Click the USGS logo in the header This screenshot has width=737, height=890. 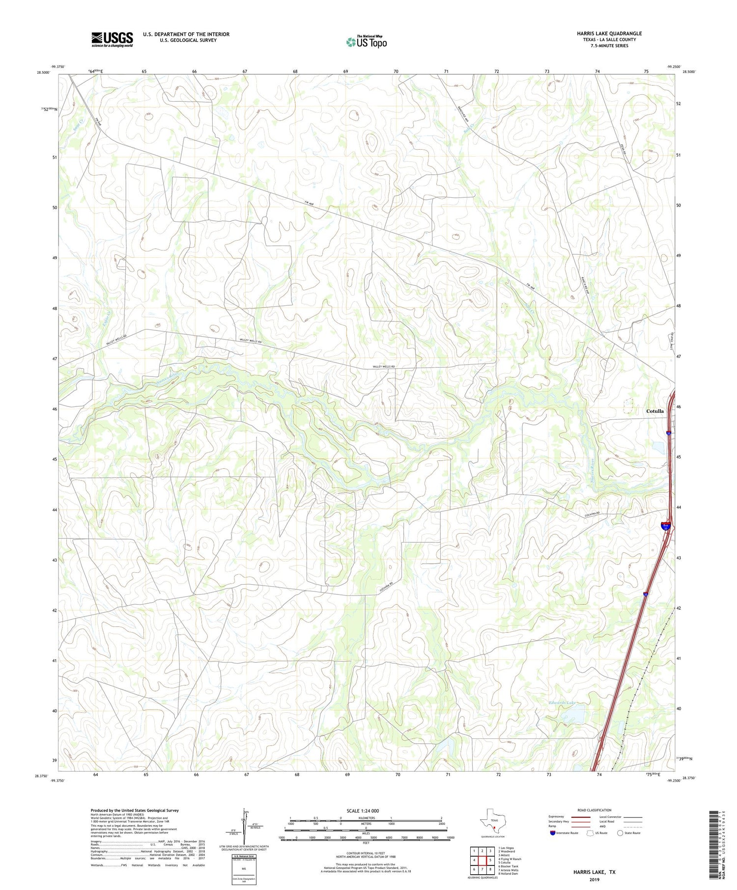[112, 39]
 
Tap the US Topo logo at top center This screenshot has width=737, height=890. [366, 42]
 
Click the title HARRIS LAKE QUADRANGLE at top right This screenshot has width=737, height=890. [609, 33]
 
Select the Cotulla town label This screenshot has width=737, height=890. [654, 411]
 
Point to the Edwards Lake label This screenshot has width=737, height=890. [562, 703]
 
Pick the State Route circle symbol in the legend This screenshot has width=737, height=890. [621, 833]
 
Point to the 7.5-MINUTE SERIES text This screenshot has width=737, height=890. [609, 46]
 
